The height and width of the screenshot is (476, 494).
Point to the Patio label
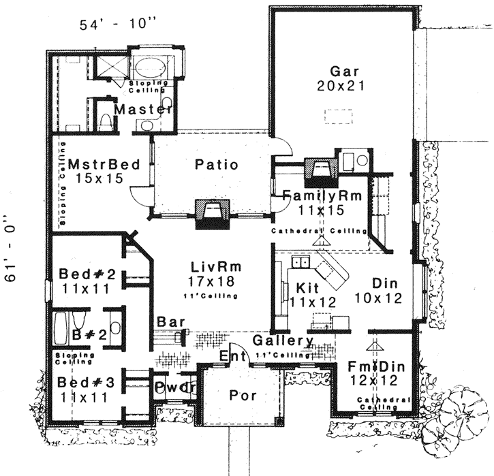[x=216, y=164]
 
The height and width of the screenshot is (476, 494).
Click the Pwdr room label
[x=174, y=388]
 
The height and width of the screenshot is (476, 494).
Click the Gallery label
[x=283, y=340]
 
